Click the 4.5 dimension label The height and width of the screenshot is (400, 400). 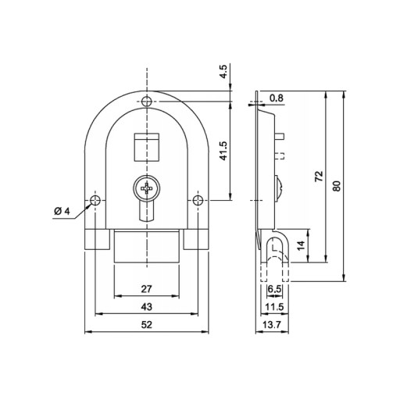click(x=223, y=71)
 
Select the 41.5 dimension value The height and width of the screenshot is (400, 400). click(x=223, y=151)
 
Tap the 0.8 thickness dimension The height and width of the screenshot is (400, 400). click(x=277, y=98)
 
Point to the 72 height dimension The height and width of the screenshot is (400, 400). click(x=319, y=177)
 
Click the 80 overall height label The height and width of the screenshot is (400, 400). click(x=337, y=186)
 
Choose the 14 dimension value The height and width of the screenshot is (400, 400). click(x=301, y=245)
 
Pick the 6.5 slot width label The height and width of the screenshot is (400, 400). click(x=274, y=289)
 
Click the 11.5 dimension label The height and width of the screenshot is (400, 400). click(x=274, y=307)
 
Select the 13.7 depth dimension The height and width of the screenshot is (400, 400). click(x=272, y=325)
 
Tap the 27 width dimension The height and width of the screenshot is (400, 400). click(x=146, y=289)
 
